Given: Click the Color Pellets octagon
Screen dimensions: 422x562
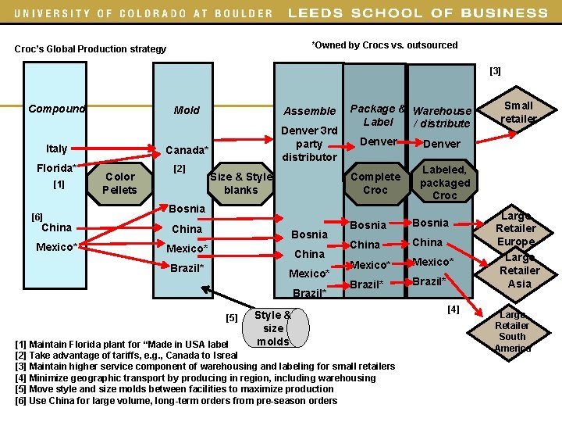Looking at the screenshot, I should pyautogui.click(x=120, y=183).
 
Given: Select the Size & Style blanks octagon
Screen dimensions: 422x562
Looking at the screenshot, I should pyautogui.click(x=240, y=183).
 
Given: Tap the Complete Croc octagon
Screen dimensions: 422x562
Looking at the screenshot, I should pyautogui.click(x=375, y=183).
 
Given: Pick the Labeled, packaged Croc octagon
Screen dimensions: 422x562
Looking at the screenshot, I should pyautogui.click(x=445, y=182).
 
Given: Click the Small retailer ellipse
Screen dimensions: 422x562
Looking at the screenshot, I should pyautogui.click(x=518, y=112).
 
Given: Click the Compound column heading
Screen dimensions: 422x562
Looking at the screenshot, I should pyautogui.click(x=56, y=109).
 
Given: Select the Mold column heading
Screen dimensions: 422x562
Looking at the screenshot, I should pyautogui.click(x=187, y=110).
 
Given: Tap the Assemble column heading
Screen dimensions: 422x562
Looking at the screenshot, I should pyautogui.click(x=309, y=111).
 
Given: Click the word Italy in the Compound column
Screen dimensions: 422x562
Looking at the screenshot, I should pyautogui.click(x=56, y=148).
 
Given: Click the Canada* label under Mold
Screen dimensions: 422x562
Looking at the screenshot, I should pyautogui.click(x=187, y=149).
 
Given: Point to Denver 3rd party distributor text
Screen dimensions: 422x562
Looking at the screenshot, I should pyautogui.click(x=309, y=143).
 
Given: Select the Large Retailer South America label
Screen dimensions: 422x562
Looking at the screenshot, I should pyautogui.click(x=513, y=331).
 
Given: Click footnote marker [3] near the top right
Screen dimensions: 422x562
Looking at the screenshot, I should pyautogui.click(x=495, y=71).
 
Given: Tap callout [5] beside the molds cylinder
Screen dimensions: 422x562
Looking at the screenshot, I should pyautogui.click(x=231, y=317).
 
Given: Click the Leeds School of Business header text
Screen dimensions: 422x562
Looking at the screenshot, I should pyautogui.click(x=418, y=13).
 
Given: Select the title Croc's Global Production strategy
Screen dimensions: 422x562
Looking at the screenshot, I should pyautogui.click(x=91, y=49).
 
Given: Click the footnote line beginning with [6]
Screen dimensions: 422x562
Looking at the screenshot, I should pyautogui.click(x=176, y=401).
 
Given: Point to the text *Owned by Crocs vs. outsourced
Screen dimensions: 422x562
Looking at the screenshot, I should pyautogui.click(x=385, y=45).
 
